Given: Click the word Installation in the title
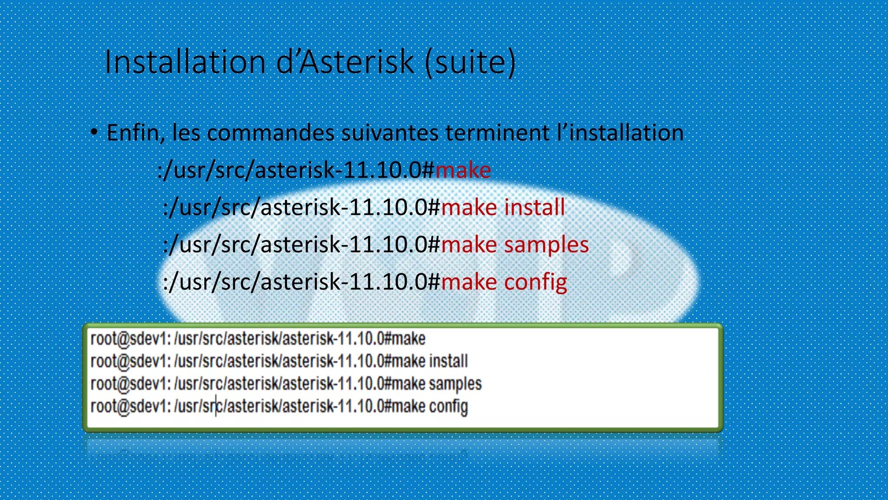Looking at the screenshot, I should coord(185,62).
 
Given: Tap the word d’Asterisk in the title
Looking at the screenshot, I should coord(345,62).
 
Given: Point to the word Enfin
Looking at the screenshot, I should coord(135,133).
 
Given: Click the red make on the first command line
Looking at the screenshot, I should coord(463,170).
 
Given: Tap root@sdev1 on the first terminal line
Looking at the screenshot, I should coord(131,339).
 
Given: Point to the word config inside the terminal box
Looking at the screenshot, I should coord(448,407).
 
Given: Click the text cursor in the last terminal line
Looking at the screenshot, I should coord(216,407).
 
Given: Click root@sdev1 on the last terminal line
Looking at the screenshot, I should coord(131,407).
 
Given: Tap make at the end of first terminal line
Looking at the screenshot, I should coord(408,339).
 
